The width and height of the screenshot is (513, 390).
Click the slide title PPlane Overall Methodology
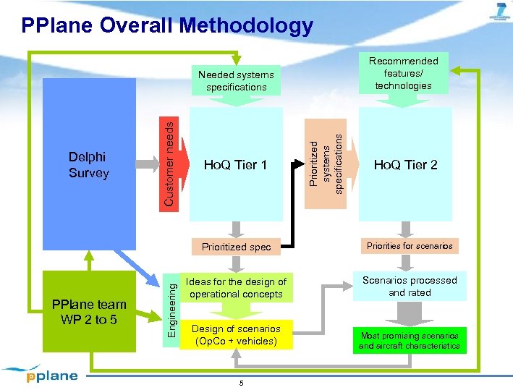167,26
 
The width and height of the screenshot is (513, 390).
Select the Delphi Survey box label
88,165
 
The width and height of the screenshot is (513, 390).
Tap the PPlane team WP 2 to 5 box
89,311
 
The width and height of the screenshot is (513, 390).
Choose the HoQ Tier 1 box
235,165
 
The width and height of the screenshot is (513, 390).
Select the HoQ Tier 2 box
405,165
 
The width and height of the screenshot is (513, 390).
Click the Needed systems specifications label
236,80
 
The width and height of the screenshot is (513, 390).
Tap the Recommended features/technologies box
403,73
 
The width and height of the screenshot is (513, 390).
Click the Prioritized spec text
236,247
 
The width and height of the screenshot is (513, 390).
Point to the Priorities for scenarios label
410,246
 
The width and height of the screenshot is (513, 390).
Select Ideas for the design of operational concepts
236,288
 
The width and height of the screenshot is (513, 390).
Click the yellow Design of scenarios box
236,335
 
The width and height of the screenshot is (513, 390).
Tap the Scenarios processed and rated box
410,287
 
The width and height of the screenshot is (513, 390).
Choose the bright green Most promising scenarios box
410,341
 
